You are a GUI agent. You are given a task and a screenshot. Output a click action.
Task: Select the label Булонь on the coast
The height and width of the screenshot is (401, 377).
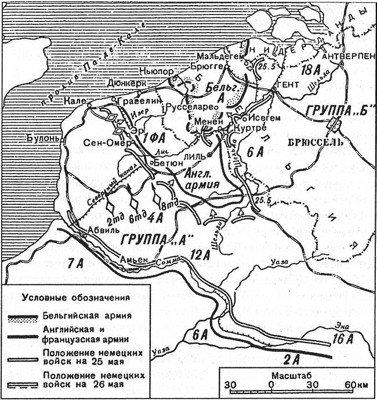[42, 138]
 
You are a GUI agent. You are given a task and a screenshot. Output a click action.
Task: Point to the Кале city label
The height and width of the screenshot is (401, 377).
[76, 100]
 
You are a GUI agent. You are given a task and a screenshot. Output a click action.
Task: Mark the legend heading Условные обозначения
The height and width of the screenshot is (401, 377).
[75, 298]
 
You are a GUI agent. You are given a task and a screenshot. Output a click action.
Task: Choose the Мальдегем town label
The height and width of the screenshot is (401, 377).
[216, 56]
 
